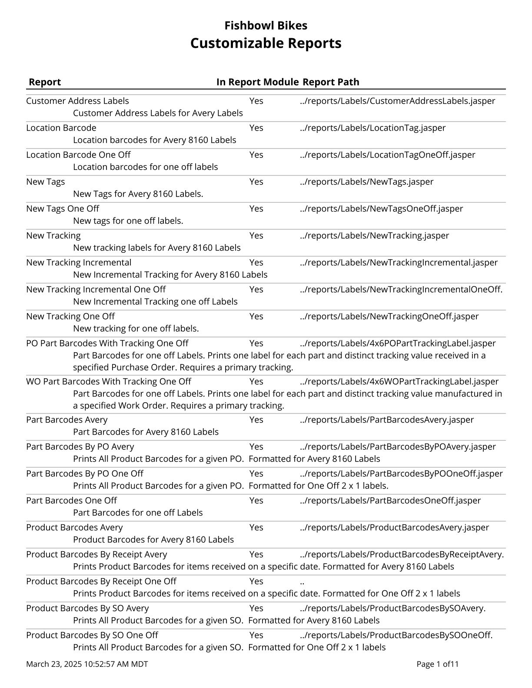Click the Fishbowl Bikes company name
click(x=266, y=26)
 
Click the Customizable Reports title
click(x=266, y=43)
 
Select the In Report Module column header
click(x=257, y=82)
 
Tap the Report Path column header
click(x=331, y=82)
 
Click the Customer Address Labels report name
click(x=77, y=101)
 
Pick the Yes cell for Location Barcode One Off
click(x=256, y=155)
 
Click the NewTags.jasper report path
click(x=366, y=182)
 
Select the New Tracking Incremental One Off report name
click(x=96, y=289)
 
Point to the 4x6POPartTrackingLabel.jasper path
click(x=398, y=343)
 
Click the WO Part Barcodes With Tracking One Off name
click(x=108, y=381)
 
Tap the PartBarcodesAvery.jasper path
click(x=387, y=420)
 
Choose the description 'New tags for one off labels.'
click(x=128, y=221)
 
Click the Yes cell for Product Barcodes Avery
click(x=256, y=527)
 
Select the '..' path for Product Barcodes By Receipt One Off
click(x=302, y=582)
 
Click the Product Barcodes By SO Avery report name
click(x=87, y=608)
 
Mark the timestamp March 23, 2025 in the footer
click(x=87, y=664)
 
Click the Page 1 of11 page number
click(x=437, y=664)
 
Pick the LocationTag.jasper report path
click(x=372, y=128)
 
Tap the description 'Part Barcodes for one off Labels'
click(x=138, y=513)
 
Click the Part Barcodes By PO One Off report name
click(x=84, y=473)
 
